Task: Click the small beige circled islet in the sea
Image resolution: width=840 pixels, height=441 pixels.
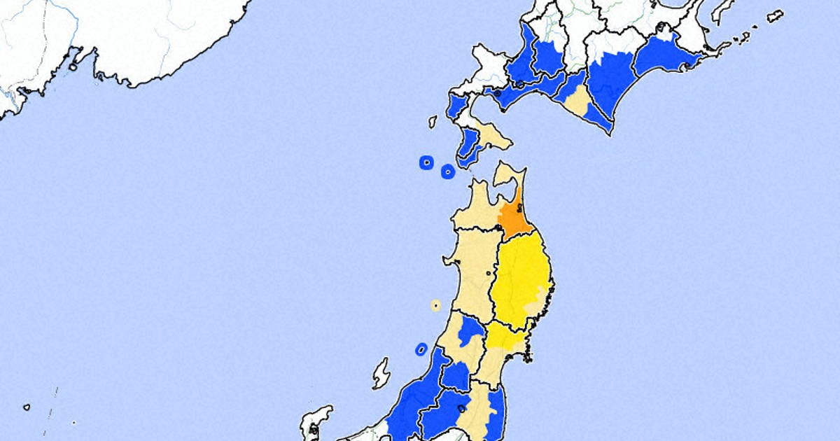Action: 435,305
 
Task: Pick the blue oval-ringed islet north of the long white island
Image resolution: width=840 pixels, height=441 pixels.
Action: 421,349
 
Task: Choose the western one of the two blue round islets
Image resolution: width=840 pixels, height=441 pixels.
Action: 426,162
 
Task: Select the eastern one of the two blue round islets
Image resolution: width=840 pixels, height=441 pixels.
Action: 447,170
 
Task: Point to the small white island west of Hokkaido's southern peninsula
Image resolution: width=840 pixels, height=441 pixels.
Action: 433,122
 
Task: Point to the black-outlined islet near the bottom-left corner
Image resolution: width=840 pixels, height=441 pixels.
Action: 27,407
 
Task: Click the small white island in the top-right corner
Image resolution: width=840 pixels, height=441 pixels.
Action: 774,15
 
